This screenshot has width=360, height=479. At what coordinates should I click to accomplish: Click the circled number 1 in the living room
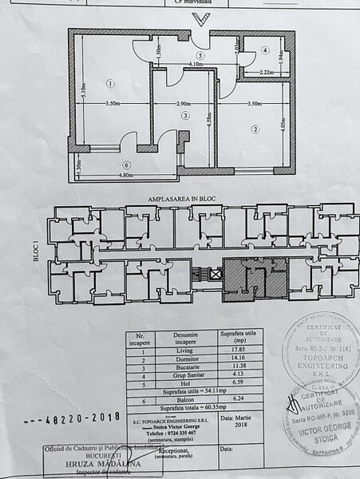point(110,83)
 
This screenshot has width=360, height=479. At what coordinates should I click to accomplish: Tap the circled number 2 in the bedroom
point(255,129)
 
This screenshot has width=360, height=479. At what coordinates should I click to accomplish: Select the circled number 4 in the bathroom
point(265,50)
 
